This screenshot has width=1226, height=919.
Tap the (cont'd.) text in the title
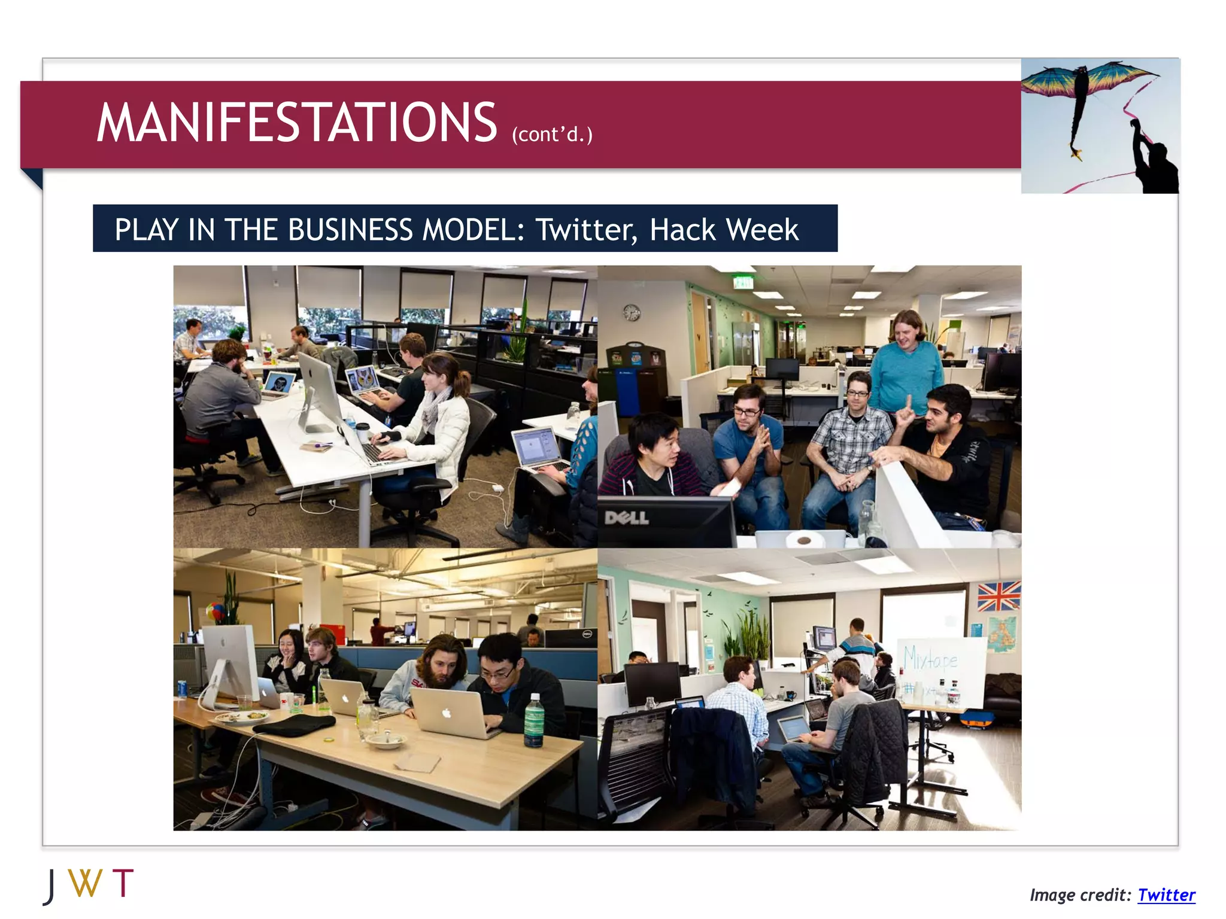pos(551,134)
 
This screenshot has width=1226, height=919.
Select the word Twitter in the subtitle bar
pos(585,230)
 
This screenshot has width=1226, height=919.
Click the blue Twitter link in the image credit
pos(1166,894)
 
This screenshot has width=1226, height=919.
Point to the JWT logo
pos(89,885)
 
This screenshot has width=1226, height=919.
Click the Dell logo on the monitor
pos(626,518)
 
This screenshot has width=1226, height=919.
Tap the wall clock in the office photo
pos(632,312)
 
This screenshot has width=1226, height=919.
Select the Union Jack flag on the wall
pos(999,596)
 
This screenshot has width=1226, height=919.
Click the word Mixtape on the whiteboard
pos(930,658)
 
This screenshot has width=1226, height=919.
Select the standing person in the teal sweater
pos(907,365)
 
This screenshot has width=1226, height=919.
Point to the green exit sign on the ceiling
pos(743,282)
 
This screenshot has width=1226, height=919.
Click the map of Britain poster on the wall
pos(1000,635)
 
